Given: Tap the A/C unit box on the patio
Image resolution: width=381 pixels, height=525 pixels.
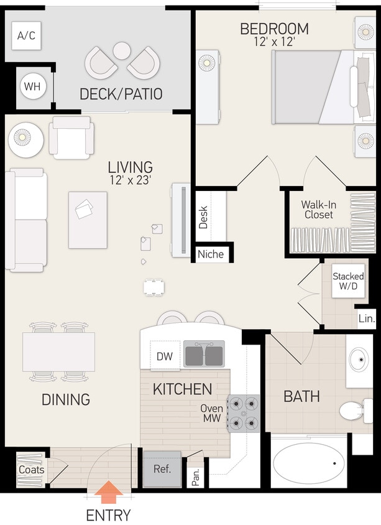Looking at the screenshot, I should coord(26,36).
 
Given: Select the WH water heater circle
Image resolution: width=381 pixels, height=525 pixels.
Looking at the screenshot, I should coord(32,86).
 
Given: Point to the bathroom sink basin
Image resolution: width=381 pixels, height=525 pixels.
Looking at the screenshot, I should coord(359,360).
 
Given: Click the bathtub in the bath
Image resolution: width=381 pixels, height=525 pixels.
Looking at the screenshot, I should coord(309,464).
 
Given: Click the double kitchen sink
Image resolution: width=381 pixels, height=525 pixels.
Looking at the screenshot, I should coord(204,355).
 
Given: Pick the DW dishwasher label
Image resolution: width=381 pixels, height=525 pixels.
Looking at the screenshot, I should coord(164,356).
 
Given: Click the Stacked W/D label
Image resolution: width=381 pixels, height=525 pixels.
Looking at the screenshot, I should coord(348,281).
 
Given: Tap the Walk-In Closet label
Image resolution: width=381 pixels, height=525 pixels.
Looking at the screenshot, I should coord(318,209).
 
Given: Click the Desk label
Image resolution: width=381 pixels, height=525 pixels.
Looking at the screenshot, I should coord(203,218).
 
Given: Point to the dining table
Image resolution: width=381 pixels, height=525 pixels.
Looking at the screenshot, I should coord(59,352).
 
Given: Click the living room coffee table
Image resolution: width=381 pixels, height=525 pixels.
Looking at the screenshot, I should coord(88,220).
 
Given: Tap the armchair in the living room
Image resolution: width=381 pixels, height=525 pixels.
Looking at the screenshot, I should coord(72,138).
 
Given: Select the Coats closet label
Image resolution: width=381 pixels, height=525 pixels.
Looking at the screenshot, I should coord(31,470).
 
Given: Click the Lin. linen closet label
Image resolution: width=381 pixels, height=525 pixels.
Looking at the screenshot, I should coord(367,318).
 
